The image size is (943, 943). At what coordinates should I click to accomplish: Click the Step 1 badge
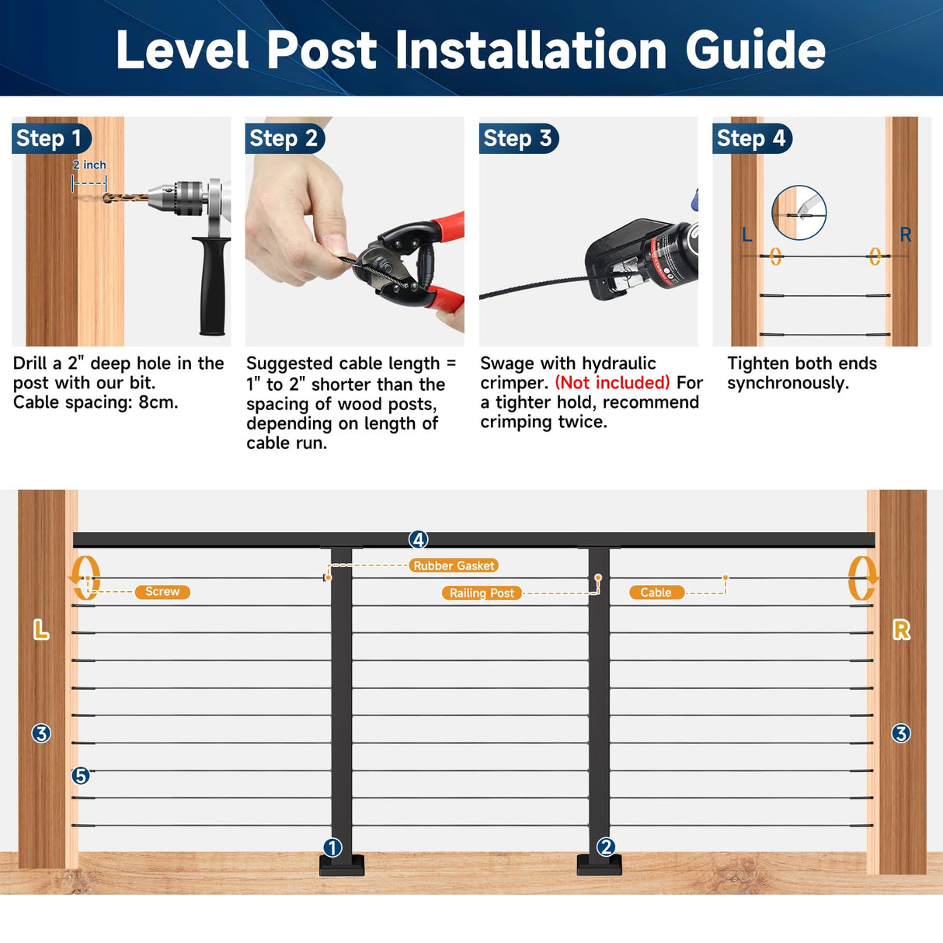(x=50, y=138)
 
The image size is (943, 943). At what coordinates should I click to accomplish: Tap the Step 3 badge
(x=518, y=138)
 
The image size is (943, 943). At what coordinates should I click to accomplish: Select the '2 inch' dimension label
(x=89, y=165)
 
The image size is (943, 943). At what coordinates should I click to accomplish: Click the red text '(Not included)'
(x=612, y=383)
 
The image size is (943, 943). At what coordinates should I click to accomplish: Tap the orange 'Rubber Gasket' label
(x=454, y=565)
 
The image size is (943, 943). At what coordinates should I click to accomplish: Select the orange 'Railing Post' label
(x=482, y=593)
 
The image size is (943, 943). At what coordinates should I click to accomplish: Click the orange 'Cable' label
(x=656, y=592)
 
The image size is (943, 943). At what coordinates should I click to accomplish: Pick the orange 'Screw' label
(x=162, y=592)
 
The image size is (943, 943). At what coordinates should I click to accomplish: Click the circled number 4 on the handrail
(x=419, y=539)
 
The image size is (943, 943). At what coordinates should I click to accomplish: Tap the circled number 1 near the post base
(x=332, y=847)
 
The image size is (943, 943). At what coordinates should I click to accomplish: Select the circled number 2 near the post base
(x=606, y=847)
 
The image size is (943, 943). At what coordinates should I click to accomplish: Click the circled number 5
(x=81, y=775)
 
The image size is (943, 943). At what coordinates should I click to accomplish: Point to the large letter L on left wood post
(x=41, y=630)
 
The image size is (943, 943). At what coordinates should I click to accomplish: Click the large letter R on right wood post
(x=901, y=630)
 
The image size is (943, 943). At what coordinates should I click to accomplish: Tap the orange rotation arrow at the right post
(x=861, y=579)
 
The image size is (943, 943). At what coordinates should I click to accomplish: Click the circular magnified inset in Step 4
(x=799, y=213)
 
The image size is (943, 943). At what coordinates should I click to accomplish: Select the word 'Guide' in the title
(x=755, y=50)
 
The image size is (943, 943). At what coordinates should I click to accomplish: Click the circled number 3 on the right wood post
(x=901, y=733)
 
